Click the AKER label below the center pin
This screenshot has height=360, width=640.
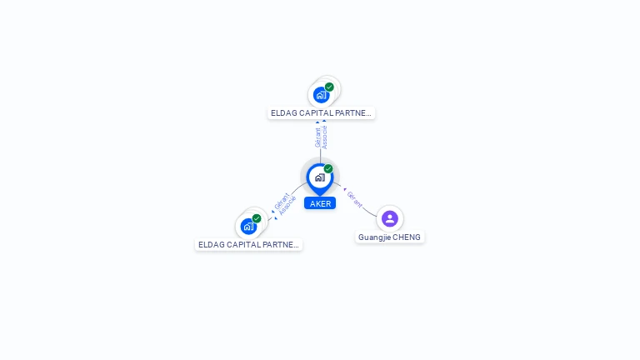320,203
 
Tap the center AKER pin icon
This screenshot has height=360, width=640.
319,177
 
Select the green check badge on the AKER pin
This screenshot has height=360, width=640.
328,169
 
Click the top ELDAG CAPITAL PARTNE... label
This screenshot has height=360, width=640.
321,113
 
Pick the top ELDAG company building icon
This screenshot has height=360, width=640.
321,95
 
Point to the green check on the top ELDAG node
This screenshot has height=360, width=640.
329,87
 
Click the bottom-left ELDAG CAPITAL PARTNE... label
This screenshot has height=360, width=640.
248,245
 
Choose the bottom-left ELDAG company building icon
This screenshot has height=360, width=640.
248,227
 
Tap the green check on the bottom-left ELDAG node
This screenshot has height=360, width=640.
257,218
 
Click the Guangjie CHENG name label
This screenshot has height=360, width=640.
389,237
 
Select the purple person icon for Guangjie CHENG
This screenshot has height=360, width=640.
389,218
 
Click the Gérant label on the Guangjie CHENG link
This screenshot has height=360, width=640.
355,198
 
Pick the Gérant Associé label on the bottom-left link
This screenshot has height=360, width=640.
284,204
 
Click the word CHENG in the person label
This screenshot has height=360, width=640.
407,237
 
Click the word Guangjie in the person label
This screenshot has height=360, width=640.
374,237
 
